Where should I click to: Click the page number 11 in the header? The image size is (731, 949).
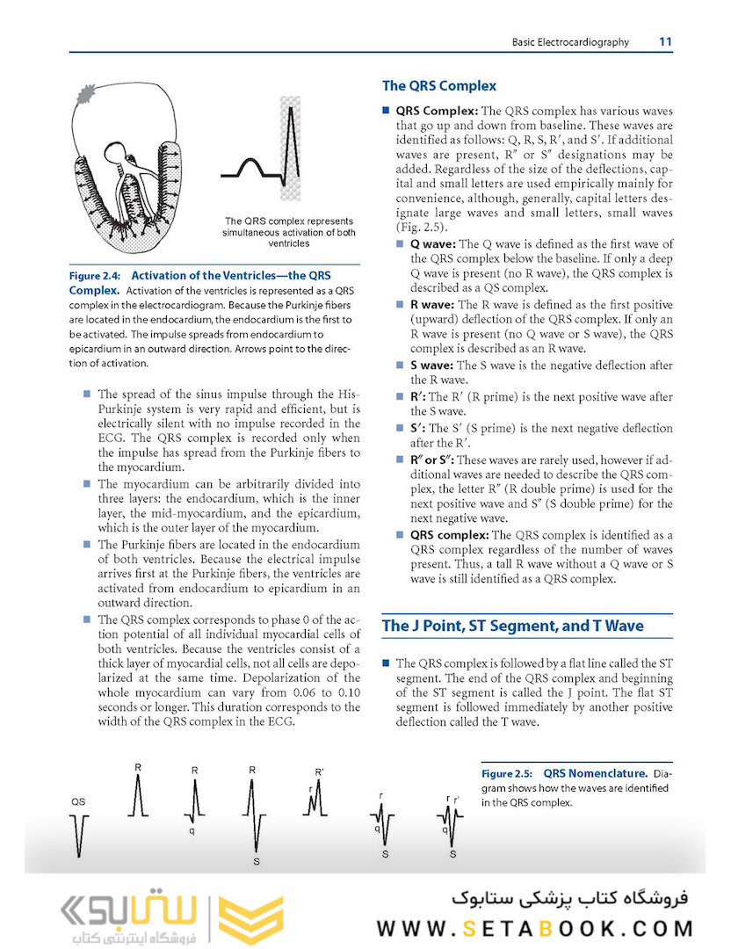coord(665,41)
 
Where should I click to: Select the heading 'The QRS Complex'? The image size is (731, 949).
coord(438,86)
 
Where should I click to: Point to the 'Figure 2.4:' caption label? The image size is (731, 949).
coord(97,275)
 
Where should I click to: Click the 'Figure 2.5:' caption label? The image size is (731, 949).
coord(507,774)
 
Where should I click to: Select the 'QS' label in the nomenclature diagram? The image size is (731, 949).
coord(77,802)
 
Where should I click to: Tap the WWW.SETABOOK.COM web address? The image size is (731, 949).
coord(535,928)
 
